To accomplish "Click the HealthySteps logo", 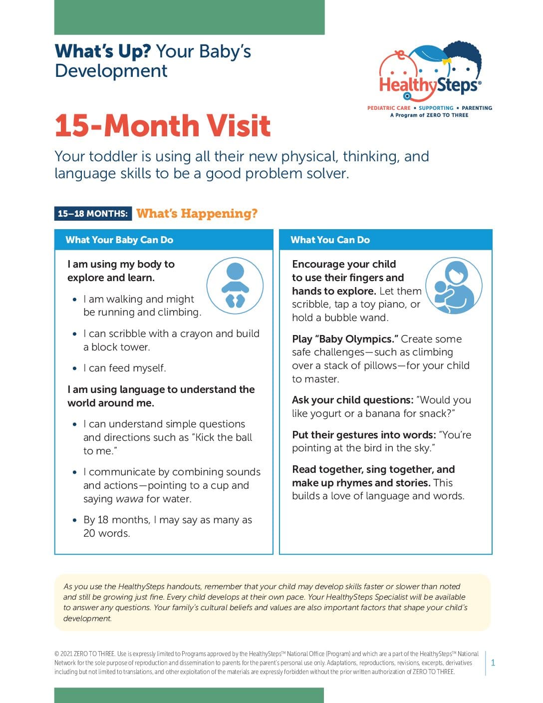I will [x=430, y=75].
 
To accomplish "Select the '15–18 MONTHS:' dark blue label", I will [x=93, y=214].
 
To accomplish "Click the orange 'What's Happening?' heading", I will [x=197, y=214].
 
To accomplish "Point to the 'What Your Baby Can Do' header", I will [x=119, y=240].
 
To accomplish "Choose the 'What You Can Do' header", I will [x=330, y=240].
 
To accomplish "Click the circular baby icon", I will [x=235, y=286].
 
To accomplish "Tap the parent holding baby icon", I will [x=454, y=286].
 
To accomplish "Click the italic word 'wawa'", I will [x=129, y=499].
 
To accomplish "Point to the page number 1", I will [x=493, y=663].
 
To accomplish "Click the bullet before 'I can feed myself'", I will [x=75, y=368].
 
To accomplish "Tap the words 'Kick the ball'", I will [x=222, y=437].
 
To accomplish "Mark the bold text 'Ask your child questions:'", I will [x=352, y=400].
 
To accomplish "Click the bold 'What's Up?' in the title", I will [x=103, y=51].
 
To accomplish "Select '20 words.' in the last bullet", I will [x=107, y=533].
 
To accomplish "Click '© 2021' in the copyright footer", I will [x=63, y=654].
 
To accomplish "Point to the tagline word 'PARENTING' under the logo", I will [x=477, y=108].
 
